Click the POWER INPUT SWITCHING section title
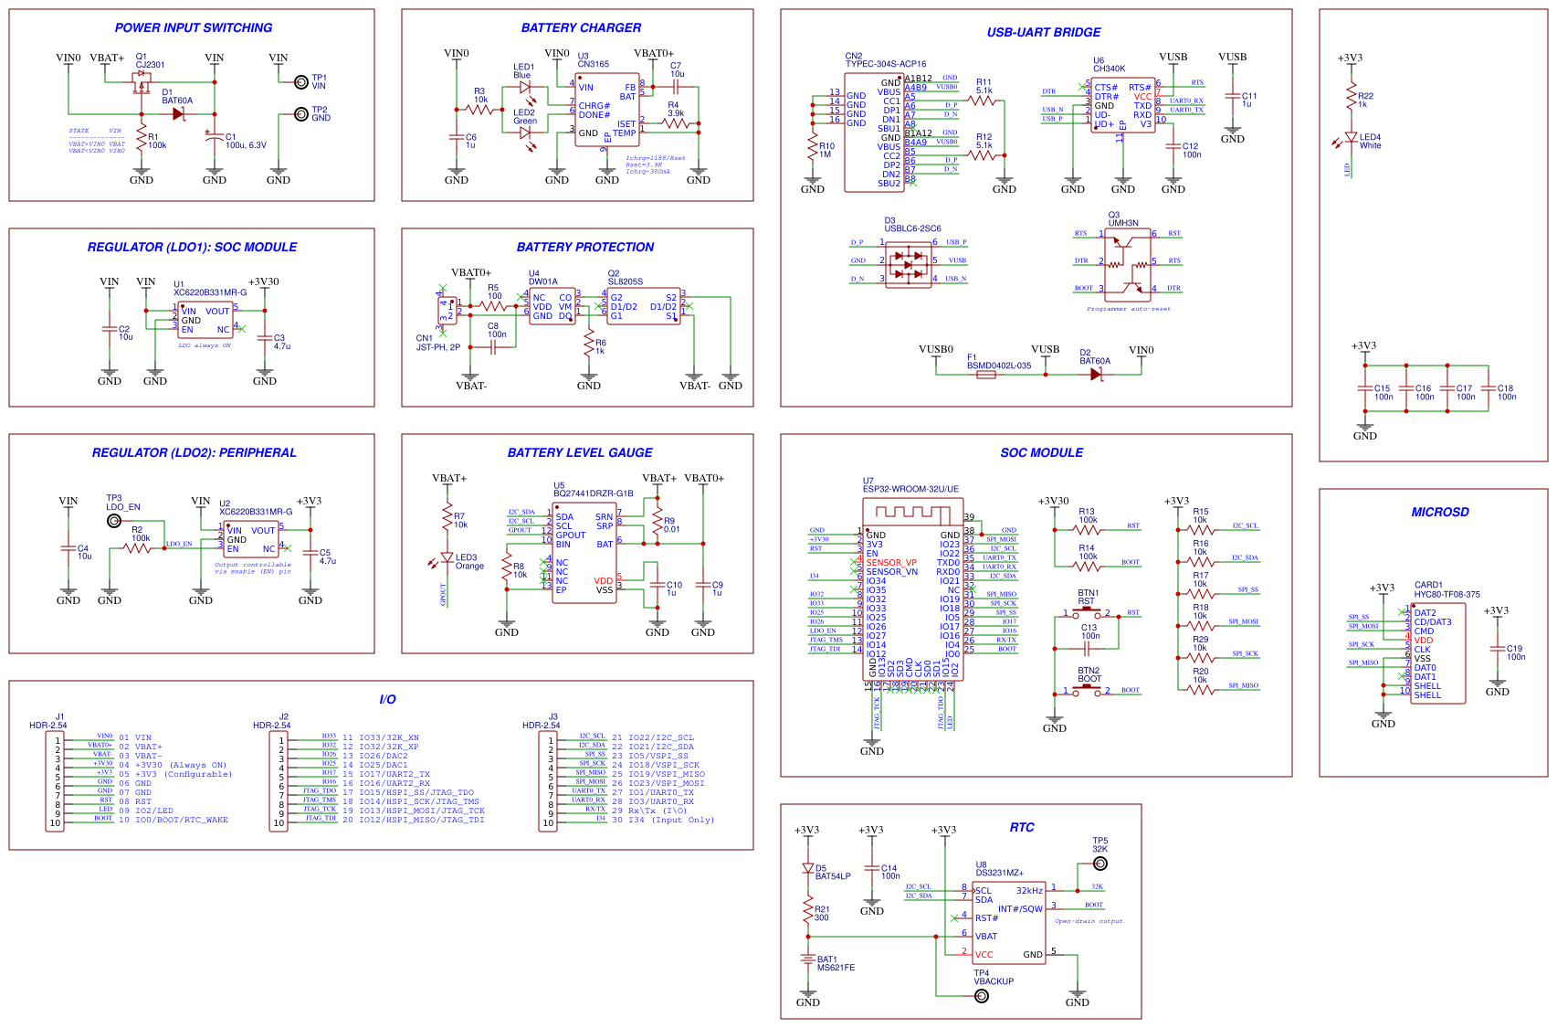tap(193, 27)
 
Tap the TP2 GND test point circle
tap(300, 114)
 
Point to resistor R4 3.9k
tap(675, 122)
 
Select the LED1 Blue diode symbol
tap(525, 88)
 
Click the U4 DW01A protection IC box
tap(552, 306)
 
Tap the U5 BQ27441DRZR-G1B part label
tap(593, 493)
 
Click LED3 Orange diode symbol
tap(447, 556)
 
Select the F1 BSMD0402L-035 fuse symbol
tap(986, 374)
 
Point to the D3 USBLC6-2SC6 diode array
tap(909, 265)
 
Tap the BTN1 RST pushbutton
tap(1087, 613)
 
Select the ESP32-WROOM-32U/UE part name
tap(910, 489)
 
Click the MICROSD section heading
tap(1439, 512)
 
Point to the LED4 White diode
tap(1351, 137)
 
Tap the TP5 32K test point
tap(1100, 864)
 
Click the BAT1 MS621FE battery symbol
tap(808, 959)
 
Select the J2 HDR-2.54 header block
tap(279, 781)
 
